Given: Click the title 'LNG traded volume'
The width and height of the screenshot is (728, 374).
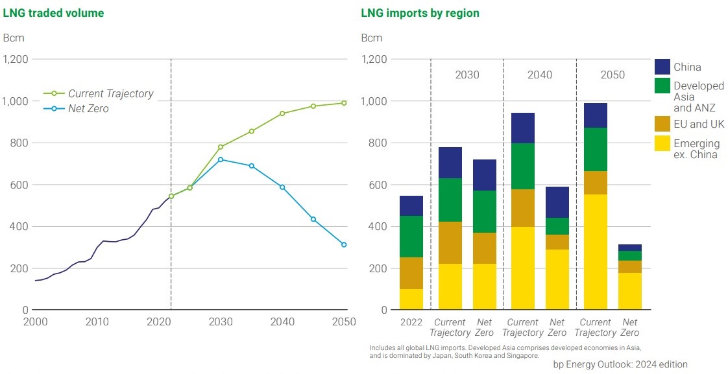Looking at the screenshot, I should [53, 13].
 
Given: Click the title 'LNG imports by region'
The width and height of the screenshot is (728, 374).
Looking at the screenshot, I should [420, 13].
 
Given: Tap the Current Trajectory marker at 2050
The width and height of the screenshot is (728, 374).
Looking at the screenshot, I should [344, 103].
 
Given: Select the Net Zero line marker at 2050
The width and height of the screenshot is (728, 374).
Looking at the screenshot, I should [344, 244].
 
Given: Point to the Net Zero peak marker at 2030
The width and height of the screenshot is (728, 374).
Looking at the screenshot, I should [221, 159].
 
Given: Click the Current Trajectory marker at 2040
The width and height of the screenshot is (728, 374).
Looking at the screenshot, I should [282, 113].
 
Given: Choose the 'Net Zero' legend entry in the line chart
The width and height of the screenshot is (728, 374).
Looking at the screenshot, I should [88, 109].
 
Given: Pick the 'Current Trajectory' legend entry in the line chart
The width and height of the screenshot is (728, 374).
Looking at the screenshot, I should [110, 93].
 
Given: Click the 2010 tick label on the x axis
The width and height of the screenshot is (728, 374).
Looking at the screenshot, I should [97, 321].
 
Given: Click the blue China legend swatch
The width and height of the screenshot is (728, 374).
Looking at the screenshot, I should [662, 67].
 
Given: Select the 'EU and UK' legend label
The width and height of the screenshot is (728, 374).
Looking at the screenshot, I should [699, 124].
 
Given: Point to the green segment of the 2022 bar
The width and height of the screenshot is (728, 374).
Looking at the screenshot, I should [411, 237].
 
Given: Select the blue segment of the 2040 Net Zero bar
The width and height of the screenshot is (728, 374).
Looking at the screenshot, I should [557, 202].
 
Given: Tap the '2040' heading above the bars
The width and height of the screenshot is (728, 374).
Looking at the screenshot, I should [539, 75].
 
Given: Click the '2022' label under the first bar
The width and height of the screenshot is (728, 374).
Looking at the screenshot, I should [411, 322].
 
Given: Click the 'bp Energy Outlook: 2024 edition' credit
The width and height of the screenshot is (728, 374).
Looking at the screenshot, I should [620, 364].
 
